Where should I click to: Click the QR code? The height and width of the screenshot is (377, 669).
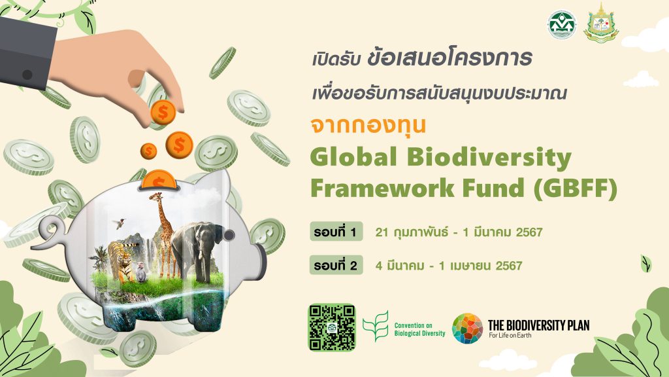[x=332, y=327]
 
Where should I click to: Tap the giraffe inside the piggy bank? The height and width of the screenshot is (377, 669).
[x=161, y=229]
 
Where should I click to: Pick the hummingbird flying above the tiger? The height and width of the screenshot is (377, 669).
[x=120, y=223]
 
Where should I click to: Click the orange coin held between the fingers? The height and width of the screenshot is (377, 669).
[x=161, y=112]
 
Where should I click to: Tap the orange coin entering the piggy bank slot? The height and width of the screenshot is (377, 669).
[x=161, y=179]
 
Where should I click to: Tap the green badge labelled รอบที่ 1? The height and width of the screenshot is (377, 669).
[x=335, y=232]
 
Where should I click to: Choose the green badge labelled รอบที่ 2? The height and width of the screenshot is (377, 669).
[x=335, y=266]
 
